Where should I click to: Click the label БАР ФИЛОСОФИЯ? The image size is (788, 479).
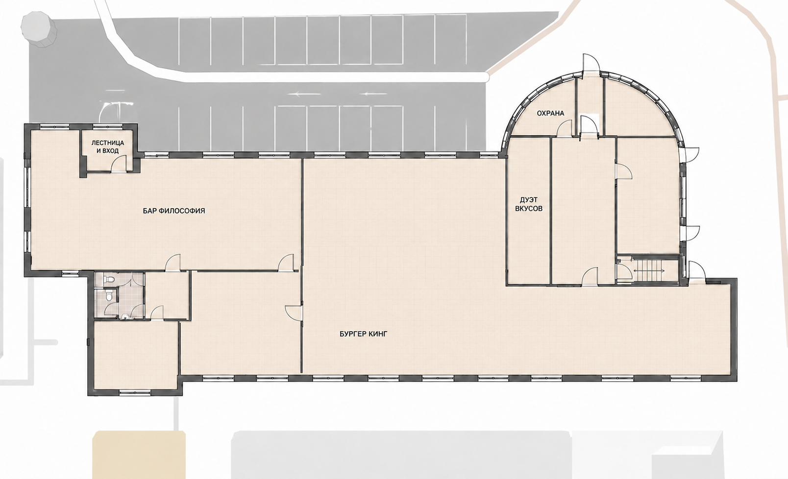(x=174, y=211)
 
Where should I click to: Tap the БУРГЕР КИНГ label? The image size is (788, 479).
(x=364, y=334)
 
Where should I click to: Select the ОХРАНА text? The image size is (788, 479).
(x=550, y=113)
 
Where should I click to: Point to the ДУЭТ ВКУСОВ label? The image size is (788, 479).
(x=528, y=204)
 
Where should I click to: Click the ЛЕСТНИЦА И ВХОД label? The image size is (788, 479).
(x=108, y=147)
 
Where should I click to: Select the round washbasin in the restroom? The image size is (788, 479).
(x=125, y=316)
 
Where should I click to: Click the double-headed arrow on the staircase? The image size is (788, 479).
(x=649, y=270)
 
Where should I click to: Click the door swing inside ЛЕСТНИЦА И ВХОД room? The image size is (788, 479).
(x=119, y=164)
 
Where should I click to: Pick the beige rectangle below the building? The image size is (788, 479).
(x=139, y=455)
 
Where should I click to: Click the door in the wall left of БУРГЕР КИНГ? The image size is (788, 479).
(x=294, y=314)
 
